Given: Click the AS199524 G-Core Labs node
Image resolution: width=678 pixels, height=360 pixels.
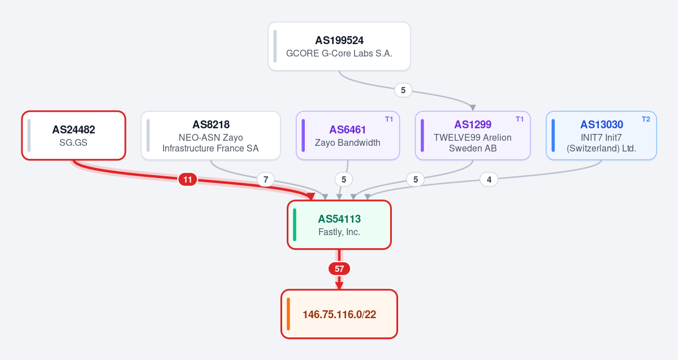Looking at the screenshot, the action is tap(339, 46).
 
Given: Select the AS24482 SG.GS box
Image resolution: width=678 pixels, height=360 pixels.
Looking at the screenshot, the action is tap(74, 135).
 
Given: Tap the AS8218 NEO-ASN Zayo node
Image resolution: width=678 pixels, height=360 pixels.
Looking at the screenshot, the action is tap(210, 135).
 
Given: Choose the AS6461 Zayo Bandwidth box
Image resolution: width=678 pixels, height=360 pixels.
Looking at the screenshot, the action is tap(348, 135).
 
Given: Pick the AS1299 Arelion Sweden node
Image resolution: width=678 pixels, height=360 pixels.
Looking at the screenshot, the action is tap(473, 135).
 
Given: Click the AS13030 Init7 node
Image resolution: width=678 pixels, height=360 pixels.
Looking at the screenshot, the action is tap(601, 135).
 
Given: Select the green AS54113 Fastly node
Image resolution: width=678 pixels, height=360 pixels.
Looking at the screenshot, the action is tap(339, 225).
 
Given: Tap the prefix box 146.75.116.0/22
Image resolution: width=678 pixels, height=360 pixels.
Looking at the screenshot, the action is tap(339, 314).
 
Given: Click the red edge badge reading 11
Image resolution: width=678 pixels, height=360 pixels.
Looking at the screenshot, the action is tap(188, 179).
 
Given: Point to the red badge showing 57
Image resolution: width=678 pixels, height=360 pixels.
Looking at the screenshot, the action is tap(339, 269).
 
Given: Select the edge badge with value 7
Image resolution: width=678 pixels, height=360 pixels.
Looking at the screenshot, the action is tap(266, 179).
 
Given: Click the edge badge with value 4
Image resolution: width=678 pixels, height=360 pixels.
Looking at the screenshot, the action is tap(489, 179).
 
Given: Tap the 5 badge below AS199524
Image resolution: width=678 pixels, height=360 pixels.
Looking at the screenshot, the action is tap(403, 90).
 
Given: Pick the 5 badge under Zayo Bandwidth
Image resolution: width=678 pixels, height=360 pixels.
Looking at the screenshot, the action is tap(344, 179).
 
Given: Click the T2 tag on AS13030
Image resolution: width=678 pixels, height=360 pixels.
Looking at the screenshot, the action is tap(646, 119).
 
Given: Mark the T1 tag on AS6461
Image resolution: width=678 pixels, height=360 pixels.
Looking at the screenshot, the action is tap(389, 119).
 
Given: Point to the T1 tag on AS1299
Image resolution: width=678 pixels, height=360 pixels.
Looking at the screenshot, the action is tap(520, 119).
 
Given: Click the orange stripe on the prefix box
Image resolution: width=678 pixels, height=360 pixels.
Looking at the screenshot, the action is tap(288, 314).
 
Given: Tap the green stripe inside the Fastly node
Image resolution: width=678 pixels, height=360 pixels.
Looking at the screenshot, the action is tap(295, 225).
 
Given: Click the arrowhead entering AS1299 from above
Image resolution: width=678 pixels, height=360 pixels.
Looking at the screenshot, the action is tap(473, 107).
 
